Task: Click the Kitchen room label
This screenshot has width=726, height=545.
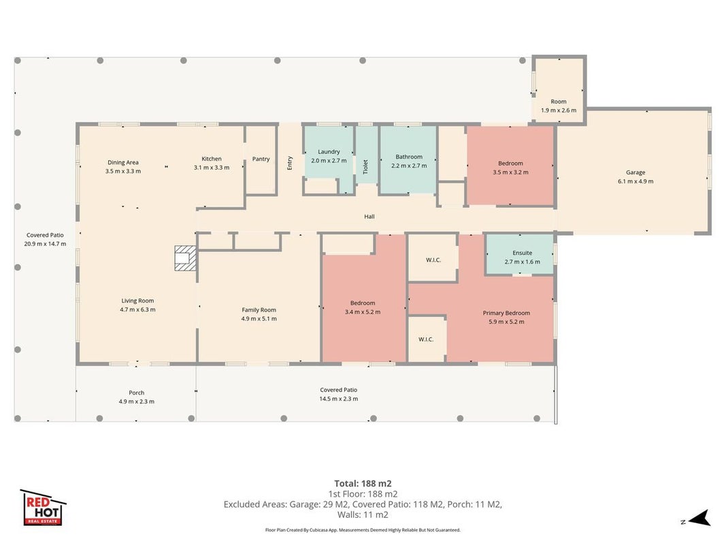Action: tap(212, 159)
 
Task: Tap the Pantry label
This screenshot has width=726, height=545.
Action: tap(261, 159)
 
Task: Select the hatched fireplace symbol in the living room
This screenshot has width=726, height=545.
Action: tap(185, 258)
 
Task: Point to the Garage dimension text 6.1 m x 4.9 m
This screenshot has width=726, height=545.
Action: tap(636, 181)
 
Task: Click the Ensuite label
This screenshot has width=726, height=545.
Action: tap(523, 253)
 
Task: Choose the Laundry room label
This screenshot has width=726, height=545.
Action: tap(329, 152)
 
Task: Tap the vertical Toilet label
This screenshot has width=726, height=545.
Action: tap(365, 167)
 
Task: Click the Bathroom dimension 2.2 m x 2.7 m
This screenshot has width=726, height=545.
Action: tap(409, 166)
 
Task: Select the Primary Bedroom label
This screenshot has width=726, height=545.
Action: tap(506, 313)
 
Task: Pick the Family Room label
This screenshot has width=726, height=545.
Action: tap(259, 310)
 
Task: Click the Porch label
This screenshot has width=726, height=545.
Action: tap(137, 393)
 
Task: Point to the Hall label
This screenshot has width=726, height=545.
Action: tap(369, 217)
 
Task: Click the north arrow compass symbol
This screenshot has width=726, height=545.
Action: tap(699, 518)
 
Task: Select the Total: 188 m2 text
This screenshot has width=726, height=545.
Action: tap(363, 484)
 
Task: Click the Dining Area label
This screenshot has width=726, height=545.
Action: tap(123, 163)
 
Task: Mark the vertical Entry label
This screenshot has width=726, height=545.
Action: tap(290, 163)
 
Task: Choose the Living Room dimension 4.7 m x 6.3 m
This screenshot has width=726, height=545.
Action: tap(137, 309)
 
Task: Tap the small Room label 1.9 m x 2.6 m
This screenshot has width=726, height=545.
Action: tap(559, 106)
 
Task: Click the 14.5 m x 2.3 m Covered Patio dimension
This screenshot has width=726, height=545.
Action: tap(338, 399)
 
